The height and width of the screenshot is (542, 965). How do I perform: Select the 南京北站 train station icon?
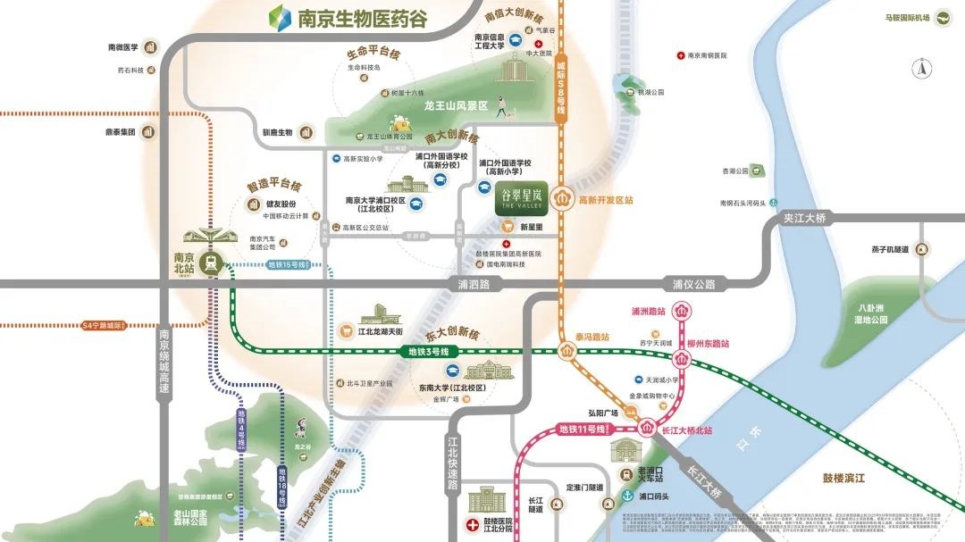211,263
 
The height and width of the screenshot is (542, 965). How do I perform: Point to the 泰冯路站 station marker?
569,350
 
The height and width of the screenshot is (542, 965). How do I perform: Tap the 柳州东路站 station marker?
684,359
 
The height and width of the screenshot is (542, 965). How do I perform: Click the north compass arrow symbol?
921,69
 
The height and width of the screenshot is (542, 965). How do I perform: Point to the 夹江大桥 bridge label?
805,218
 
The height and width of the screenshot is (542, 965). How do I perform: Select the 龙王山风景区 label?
456,105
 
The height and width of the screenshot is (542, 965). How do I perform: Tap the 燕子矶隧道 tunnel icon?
923,250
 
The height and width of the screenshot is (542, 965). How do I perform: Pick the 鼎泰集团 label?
119,132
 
